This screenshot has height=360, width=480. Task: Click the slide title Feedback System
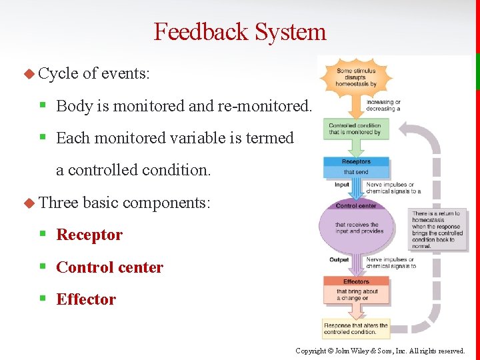[x=240, y=31]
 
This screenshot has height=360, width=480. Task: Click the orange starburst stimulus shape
[x=356, y=77]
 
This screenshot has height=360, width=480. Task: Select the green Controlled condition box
[x=355, y=129]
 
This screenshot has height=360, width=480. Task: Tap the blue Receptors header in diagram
[x=356, y=162]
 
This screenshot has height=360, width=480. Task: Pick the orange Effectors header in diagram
[x=356, y=282]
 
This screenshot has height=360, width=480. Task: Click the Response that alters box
[x=355, y=329]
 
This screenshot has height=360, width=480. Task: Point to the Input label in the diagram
[x=341, y=185]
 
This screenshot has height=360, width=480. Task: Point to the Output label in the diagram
[x=339, y=260]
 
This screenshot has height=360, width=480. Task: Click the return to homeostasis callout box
[x=437, y=230]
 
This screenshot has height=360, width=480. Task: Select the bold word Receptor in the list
[x=89, y=235]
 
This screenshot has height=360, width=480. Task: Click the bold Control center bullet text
[x=109, y=267]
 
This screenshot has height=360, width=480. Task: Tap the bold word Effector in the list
[x=86, y=299]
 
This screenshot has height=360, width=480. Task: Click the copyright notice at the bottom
[x=380, y=351]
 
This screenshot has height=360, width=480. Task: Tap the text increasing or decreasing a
[x=383, y=105]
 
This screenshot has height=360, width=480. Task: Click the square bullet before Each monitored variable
[x=42, y=138]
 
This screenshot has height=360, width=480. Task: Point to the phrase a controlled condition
[x=133, y=170]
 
